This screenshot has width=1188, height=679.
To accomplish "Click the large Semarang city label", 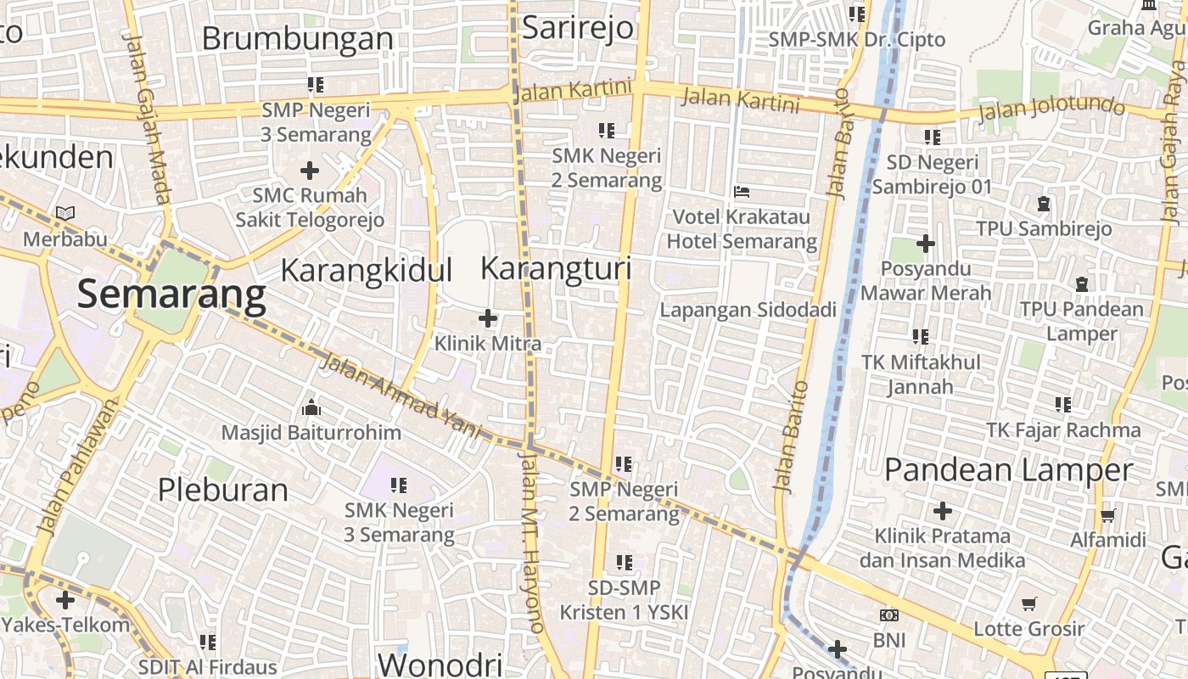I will pyautogui.click(x=171, y=295).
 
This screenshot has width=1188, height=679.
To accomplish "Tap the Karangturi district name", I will pyautogui.click(x=556, y=269).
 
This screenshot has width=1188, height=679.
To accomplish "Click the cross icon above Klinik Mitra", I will pyautogui.click(x=488, y=319).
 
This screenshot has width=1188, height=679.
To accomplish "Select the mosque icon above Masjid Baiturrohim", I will pyautogui.click(x=311, y=408).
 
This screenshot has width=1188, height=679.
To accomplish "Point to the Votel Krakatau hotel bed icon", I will pyautogui.click(x=741, y=192).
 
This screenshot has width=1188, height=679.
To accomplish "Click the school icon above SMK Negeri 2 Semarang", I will pyautogui.click(x=606, y=131).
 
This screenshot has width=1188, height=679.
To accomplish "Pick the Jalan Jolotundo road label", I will pyautogui.click(x=1051, y=109).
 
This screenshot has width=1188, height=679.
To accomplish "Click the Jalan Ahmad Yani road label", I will pyautogui.click(x=400, y=395).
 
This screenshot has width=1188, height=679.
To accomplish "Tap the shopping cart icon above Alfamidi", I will pyautogui.click(x=1107, y=515).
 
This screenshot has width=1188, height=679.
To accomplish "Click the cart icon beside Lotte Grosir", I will pyautogui.click(x=1029, y=603).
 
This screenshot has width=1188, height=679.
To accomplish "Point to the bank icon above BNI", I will pyautogui.click(x=889, y=615).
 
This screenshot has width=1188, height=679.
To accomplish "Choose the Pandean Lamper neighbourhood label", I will pyautogui.click(x=1008, y=469).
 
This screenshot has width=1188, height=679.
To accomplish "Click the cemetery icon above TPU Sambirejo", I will pyautogui.click(x=1043, y=204).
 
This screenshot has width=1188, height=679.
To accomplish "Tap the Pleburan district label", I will pyautogui.click(x=223, y=490).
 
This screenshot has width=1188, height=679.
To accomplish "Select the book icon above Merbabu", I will pyautogui.click(x=65, y=214).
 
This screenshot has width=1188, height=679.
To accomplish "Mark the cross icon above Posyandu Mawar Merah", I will pyautogui.click(x=925, y=244).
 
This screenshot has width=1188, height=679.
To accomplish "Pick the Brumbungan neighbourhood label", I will pyautogui.click(x=297, y=39).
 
